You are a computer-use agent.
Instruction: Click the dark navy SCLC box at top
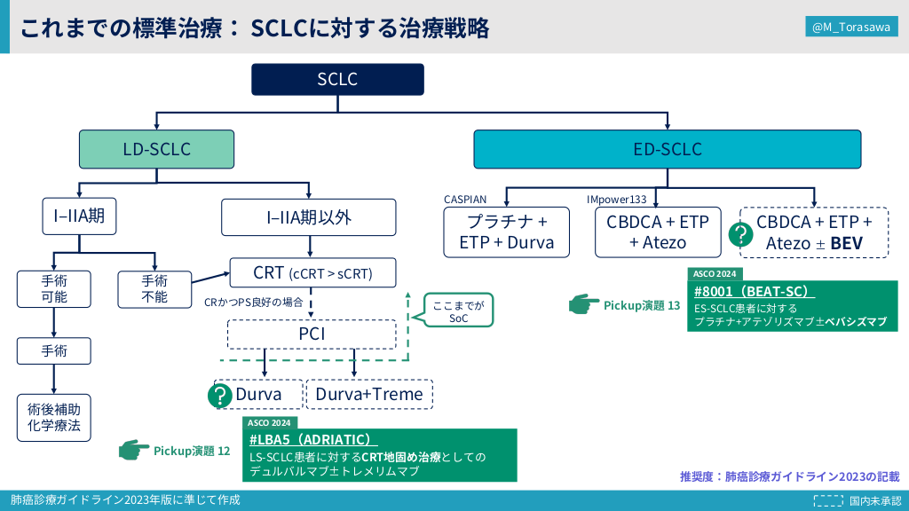pos(337,80)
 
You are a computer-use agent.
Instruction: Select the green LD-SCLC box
pos(156,150)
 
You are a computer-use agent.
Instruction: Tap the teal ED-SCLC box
pos(667,150)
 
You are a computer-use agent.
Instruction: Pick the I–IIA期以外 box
pos(308,217)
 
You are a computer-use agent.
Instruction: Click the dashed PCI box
pos(312,334)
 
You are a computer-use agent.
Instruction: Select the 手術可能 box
pos(54,289)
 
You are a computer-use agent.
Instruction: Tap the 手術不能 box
pos(154,289)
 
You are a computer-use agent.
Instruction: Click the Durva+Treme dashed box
pos(370,394)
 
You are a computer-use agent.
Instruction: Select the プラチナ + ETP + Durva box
pos(506,232)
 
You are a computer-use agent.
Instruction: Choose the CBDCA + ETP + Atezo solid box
pos(658,232)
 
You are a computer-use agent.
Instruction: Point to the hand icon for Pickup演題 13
pos(584,305)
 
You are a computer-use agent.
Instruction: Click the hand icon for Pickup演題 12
pos(134,451)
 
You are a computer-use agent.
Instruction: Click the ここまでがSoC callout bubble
pos(458,310)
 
